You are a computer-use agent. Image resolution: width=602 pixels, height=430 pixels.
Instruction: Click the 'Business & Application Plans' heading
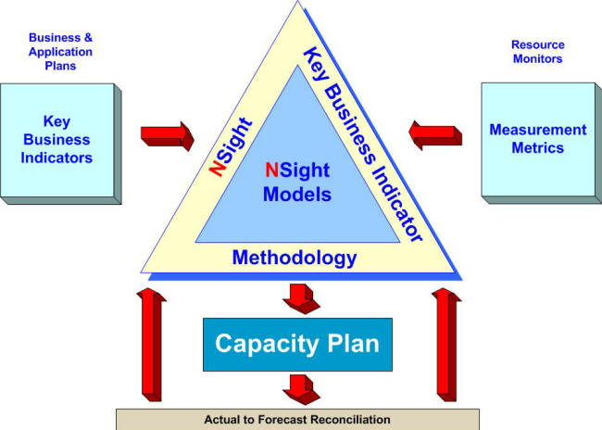[x=60, y=52]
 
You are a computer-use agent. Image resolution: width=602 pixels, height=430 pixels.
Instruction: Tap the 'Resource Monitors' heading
[x=537, y=52]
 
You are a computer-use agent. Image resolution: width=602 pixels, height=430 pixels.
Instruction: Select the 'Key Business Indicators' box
[x=60, y=144]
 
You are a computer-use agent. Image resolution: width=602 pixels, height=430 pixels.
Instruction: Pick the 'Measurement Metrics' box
[x=542, y=143]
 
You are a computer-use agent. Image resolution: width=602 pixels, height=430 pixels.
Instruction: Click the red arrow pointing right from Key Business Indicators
[x=168, y=136]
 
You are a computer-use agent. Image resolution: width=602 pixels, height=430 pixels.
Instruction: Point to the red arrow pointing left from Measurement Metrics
[x=435, y=135]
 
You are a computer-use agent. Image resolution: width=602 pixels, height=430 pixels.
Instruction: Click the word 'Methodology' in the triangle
[x=295, y=258]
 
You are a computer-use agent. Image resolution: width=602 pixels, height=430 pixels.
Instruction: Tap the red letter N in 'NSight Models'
[x=271, y=170]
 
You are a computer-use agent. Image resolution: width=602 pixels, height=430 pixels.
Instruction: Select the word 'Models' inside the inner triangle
[x=297, y=194]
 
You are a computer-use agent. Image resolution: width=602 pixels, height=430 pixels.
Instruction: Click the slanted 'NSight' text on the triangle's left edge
[x=231, y=146]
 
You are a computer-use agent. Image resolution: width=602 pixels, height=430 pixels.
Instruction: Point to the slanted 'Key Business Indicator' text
[x=363, y=144]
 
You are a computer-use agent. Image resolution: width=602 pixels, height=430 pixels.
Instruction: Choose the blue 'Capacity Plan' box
[x=297, y=345]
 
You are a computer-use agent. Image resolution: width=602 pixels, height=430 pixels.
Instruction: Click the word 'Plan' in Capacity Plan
[x=353, y=343]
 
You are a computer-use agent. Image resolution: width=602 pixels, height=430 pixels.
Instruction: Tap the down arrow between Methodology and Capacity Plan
[x=302, y=299]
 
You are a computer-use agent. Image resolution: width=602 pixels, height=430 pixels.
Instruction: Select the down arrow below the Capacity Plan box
[x=302, y=389]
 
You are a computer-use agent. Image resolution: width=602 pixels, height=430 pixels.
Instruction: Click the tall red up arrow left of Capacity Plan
[x=152, y=345]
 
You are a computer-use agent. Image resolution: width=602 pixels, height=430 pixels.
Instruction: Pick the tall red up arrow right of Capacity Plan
[x=446, y=345]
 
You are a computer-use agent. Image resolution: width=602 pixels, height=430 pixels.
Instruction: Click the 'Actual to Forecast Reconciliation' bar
[x=297, y=419]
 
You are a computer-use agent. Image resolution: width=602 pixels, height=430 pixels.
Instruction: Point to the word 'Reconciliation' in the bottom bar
[x=351, y=419]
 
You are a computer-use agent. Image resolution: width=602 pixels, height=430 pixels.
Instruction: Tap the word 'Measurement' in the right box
[x=538, y=130]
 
